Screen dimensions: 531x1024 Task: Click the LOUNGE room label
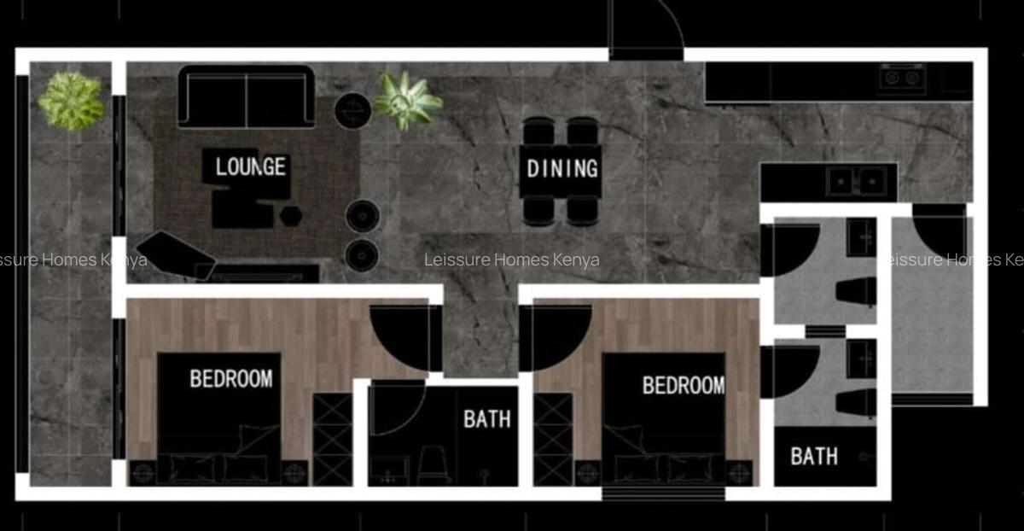pos(250,166)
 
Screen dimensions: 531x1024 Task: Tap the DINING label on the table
pos(561,168)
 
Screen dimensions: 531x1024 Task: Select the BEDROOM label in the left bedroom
pos(230,377)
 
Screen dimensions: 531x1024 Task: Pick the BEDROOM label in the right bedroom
pos(683,385)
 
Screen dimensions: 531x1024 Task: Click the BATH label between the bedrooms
pos(487,418)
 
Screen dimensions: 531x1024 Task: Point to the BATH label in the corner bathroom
pos(813,456)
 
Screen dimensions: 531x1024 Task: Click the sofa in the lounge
pos(247,96)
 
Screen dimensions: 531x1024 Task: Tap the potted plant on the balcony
pos(72,100)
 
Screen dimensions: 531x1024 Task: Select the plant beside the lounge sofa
pos(408,100)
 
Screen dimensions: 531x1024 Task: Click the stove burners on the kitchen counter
pos(902,78)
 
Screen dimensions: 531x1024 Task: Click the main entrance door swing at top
pos(646,30)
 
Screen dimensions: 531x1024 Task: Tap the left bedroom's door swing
pos(403,336)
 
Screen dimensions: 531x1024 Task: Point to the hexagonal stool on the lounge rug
pos(291,213)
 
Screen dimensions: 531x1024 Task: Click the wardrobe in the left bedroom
pos(332,439)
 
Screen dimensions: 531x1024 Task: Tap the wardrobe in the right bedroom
pos(553,439)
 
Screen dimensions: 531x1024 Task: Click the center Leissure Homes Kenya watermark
pos(512,260)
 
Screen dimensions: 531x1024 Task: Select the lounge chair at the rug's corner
pos(176,254)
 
